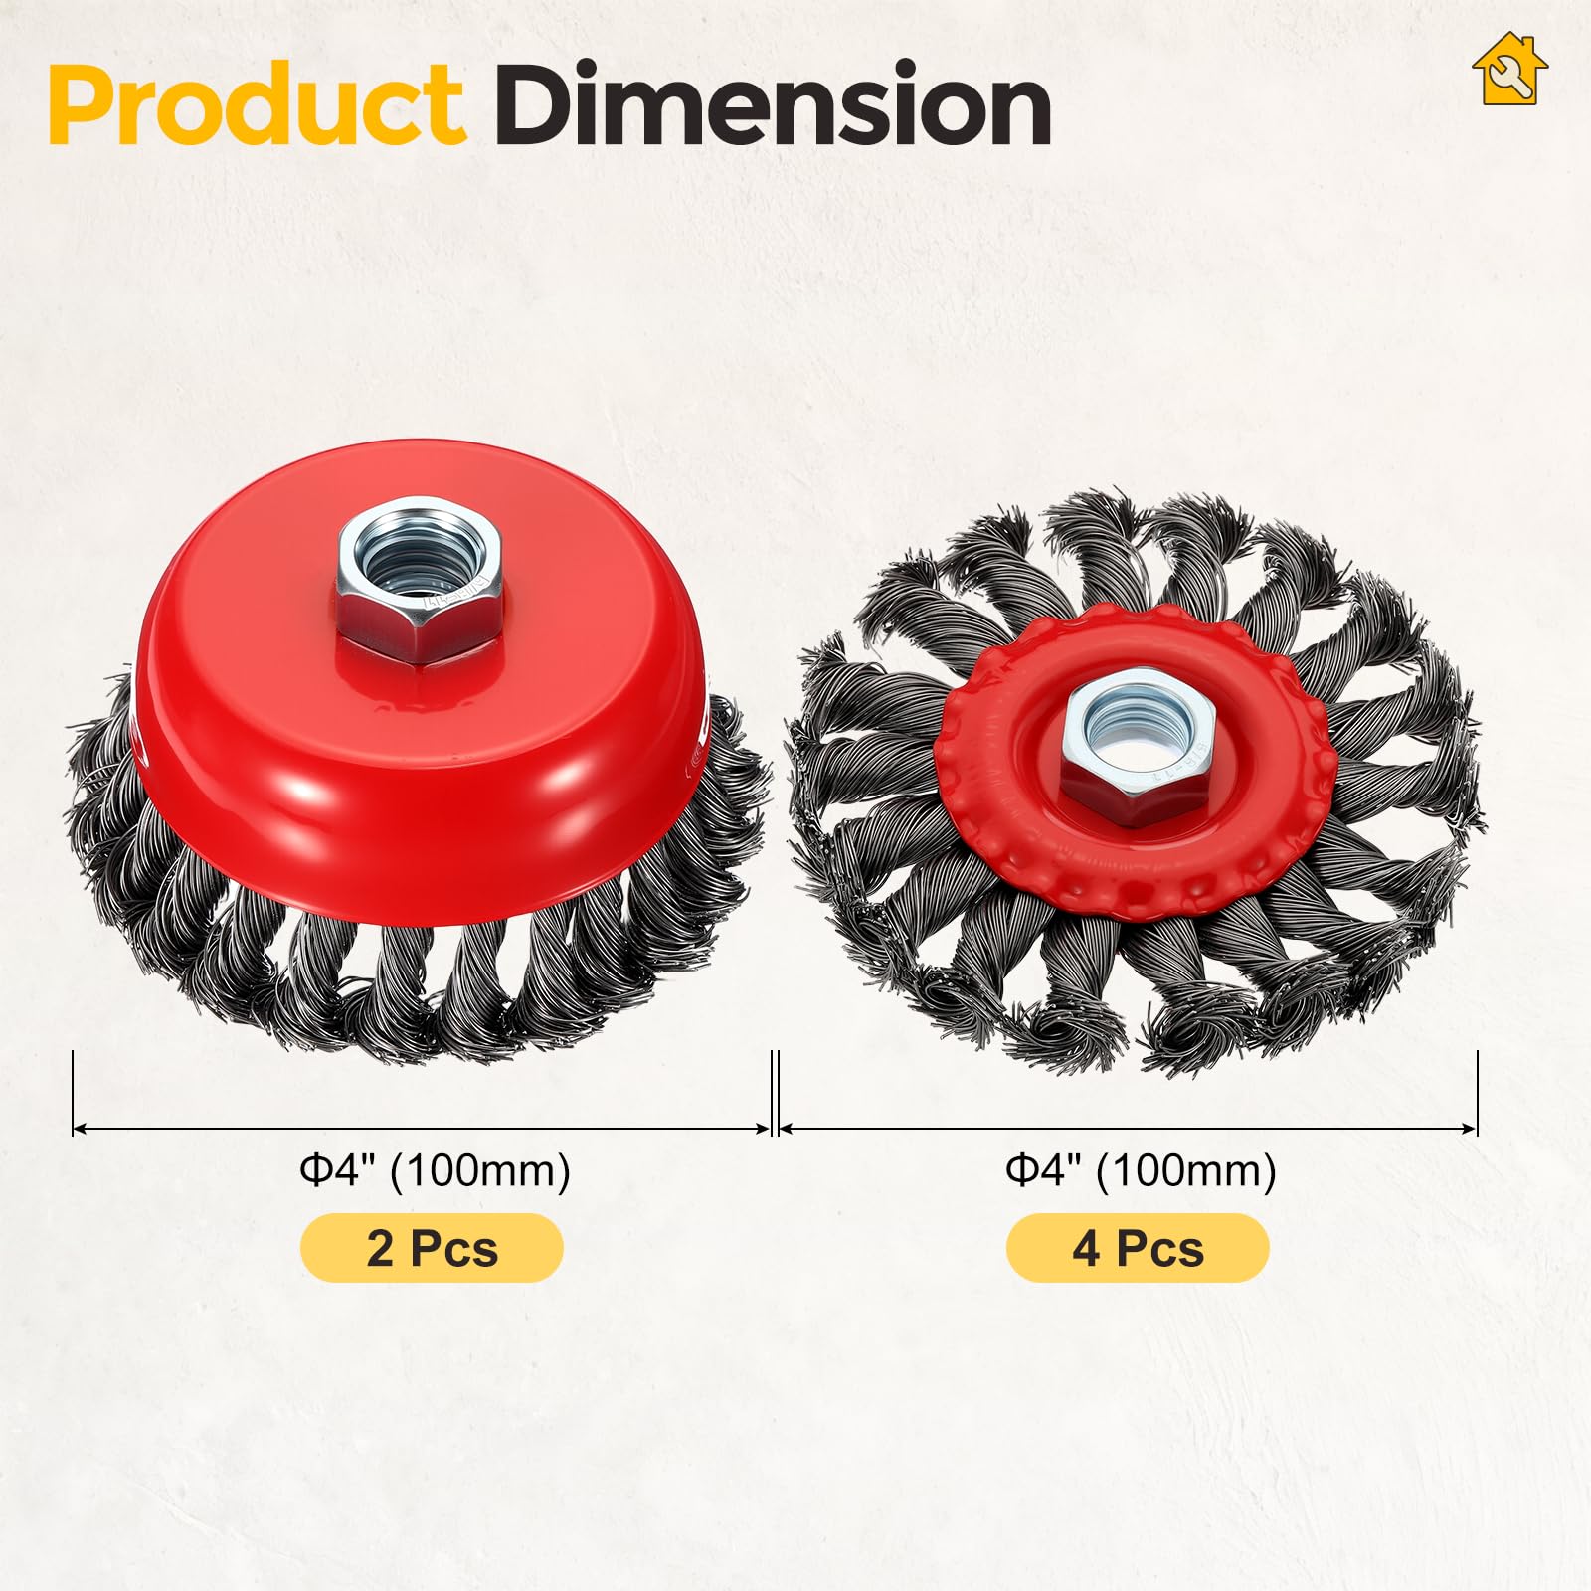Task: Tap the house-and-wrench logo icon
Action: coord(1509,71)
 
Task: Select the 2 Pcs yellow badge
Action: coord(432,1248)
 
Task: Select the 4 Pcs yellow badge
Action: coord(1138,1248)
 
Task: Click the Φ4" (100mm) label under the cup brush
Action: coord(436,1170)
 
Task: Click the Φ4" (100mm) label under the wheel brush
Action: coord(1141,1170)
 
